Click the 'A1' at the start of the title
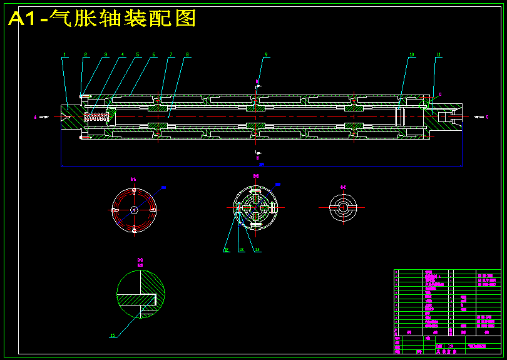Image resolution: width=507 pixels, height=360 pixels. tap(23, 19)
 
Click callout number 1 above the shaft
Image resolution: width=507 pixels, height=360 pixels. tap(64, 55)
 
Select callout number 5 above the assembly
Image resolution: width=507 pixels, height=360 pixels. tap(138, 55)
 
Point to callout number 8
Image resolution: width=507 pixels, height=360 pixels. tap(187, 55)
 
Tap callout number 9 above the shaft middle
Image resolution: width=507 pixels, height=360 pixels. tap(266, 55)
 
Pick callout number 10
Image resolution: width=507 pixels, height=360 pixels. tap(412, 55)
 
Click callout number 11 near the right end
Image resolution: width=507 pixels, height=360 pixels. tap(439, 55)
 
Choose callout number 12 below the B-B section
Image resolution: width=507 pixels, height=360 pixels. tap(226, 250)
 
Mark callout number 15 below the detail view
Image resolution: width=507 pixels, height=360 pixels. tap(113, 336)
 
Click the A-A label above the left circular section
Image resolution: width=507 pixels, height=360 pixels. tap(133, 180)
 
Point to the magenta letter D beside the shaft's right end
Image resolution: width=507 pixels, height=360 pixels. tap(440, 95)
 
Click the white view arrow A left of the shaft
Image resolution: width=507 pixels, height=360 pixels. tap(44, 116)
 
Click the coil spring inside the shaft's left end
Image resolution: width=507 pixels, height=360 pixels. tap(96, 116)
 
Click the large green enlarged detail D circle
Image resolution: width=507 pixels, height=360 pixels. tap(141, 294)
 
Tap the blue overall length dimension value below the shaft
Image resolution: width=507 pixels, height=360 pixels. tap(262, 165)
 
